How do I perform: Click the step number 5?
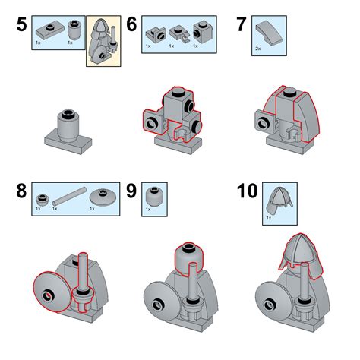click(x=21, y=24)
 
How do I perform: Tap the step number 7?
click(x=241, y=24)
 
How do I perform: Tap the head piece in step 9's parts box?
click(x=154, y=195)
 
